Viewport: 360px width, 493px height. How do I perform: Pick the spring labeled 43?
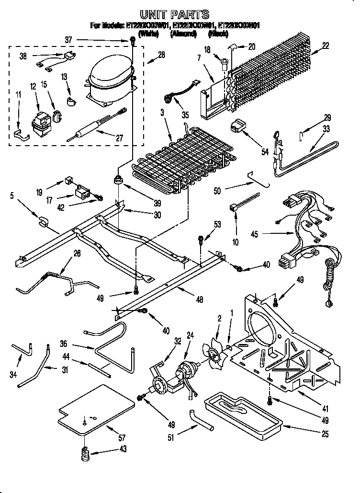pos(85,453)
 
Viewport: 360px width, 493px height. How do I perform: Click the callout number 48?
pos(199,300)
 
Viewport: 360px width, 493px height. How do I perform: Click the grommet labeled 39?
pos(117,180)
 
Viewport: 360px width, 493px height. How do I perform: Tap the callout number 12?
pos(33,86)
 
